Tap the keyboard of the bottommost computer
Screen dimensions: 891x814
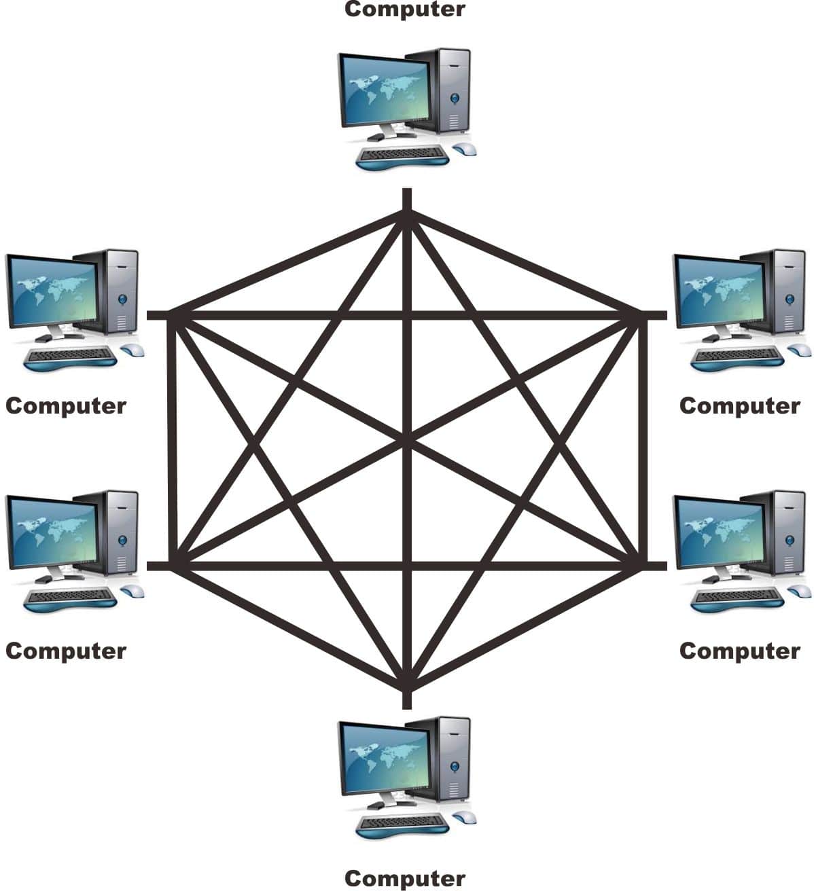[x=402, y=824]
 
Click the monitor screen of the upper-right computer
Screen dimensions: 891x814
[x=718, y=292]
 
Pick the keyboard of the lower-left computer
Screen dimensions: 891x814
[x=69, y=596]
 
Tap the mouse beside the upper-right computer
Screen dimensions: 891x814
[x=799, y=350]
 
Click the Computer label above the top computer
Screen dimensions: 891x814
[x=405, y=10]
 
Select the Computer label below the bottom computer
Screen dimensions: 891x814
[x=405, y=878]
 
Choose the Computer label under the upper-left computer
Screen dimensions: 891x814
[x=66, y=405]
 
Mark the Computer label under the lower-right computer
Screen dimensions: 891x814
[x=739, y=651]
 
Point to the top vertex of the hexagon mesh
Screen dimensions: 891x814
[x=407, y=213]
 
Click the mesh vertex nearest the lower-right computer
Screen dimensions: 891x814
[x=641, y=564]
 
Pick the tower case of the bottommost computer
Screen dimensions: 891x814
[x=450, y=759]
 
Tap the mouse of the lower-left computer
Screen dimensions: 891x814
[x=133, y=590]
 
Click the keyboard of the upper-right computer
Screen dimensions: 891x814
[x=737, y=356]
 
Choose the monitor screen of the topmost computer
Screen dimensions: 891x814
[x=383, y=90]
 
